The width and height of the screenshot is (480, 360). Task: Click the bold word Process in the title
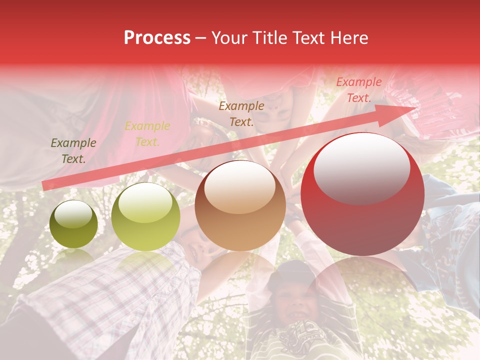[x=157, y=38]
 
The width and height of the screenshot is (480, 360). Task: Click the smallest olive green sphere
[x=74, y=224]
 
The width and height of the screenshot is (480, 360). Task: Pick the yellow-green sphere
[x=145, y=217]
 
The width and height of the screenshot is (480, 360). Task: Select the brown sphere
[x=240, y=206]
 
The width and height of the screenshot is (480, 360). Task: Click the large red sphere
[x=362, y=194]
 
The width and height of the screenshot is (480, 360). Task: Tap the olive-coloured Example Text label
[x=73, y=151]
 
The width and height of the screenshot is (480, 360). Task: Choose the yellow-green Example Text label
[x=147, y=134]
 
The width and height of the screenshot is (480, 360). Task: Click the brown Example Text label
[x=241, y=113]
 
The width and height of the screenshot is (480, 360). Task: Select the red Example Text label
[x=358, y=90]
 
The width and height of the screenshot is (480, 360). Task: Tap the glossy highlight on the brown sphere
[x=239, y=187]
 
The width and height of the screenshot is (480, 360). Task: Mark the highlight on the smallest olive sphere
[x=73, y=214]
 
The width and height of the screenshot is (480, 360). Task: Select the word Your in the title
[x=230, y=38]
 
